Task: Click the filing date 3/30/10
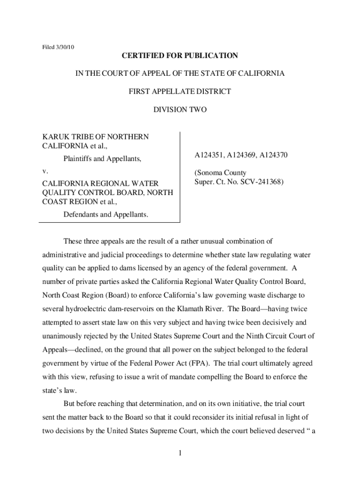point(65,47)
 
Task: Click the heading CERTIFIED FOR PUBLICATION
point(180,56)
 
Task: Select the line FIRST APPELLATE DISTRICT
point(180,92)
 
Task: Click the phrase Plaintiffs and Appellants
point(102,159)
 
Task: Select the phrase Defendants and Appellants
point(106,214)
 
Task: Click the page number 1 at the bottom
point(180,453)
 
